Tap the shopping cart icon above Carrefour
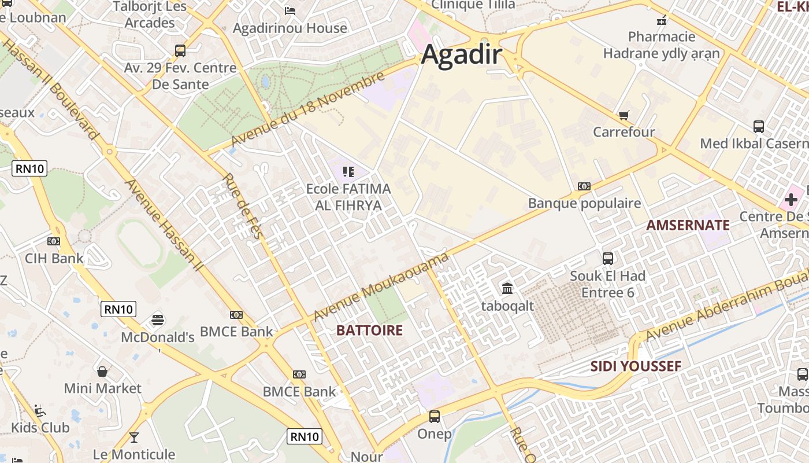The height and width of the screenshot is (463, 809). (624, 115)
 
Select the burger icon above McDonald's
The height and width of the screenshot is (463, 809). (157, 319)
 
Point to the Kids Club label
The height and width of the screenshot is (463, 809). (40, 428)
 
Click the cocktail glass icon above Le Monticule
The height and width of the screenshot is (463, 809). (134, 437)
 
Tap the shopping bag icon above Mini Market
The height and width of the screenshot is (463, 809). (102, 371)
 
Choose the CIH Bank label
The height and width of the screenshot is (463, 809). (54, 258)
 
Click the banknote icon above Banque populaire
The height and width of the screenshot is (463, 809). (584, 186)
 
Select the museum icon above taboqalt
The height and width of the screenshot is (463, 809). (507, 288)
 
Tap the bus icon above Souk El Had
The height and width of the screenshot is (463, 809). (608, 258)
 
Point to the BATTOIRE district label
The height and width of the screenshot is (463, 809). (369, 330)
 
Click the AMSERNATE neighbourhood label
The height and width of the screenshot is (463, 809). (688, 225)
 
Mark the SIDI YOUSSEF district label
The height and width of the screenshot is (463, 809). (636, 366)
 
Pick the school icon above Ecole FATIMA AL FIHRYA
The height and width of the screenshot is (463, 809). (348, 171)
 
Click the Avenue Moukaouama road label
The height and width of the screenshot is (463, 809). (381, 287)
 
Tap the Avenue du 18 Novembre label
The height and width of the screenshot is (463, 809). (307, 109)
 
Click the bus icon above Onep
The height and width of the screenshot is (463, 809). (434, 416)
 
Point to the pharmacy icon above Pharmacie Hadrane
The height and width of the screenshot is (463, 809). (662, 20)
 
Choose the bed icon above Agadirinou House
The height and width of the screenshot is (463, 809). (290, 10)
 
